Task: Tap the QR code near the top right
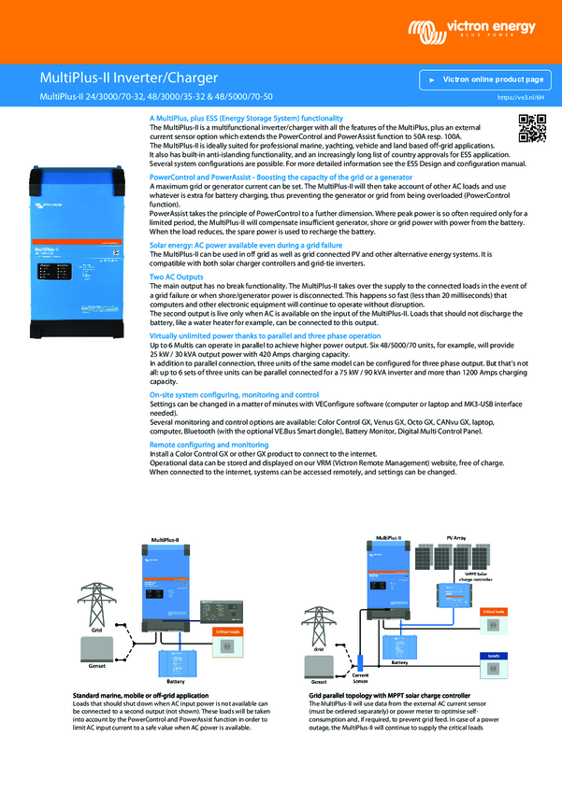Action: [532, 128]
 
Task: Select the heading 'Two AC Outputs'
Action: [177, 277]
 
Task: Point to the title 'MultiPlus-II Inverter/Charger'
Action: [129, 77]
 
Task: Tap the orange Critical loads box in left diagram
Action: [228, 632]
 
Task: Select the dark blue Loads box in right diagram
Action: [494, 656]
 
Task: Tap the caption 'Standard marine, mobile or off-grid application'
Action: [139, 697]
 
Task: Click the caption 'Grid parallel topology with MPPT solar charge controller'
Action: [388, 697]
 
